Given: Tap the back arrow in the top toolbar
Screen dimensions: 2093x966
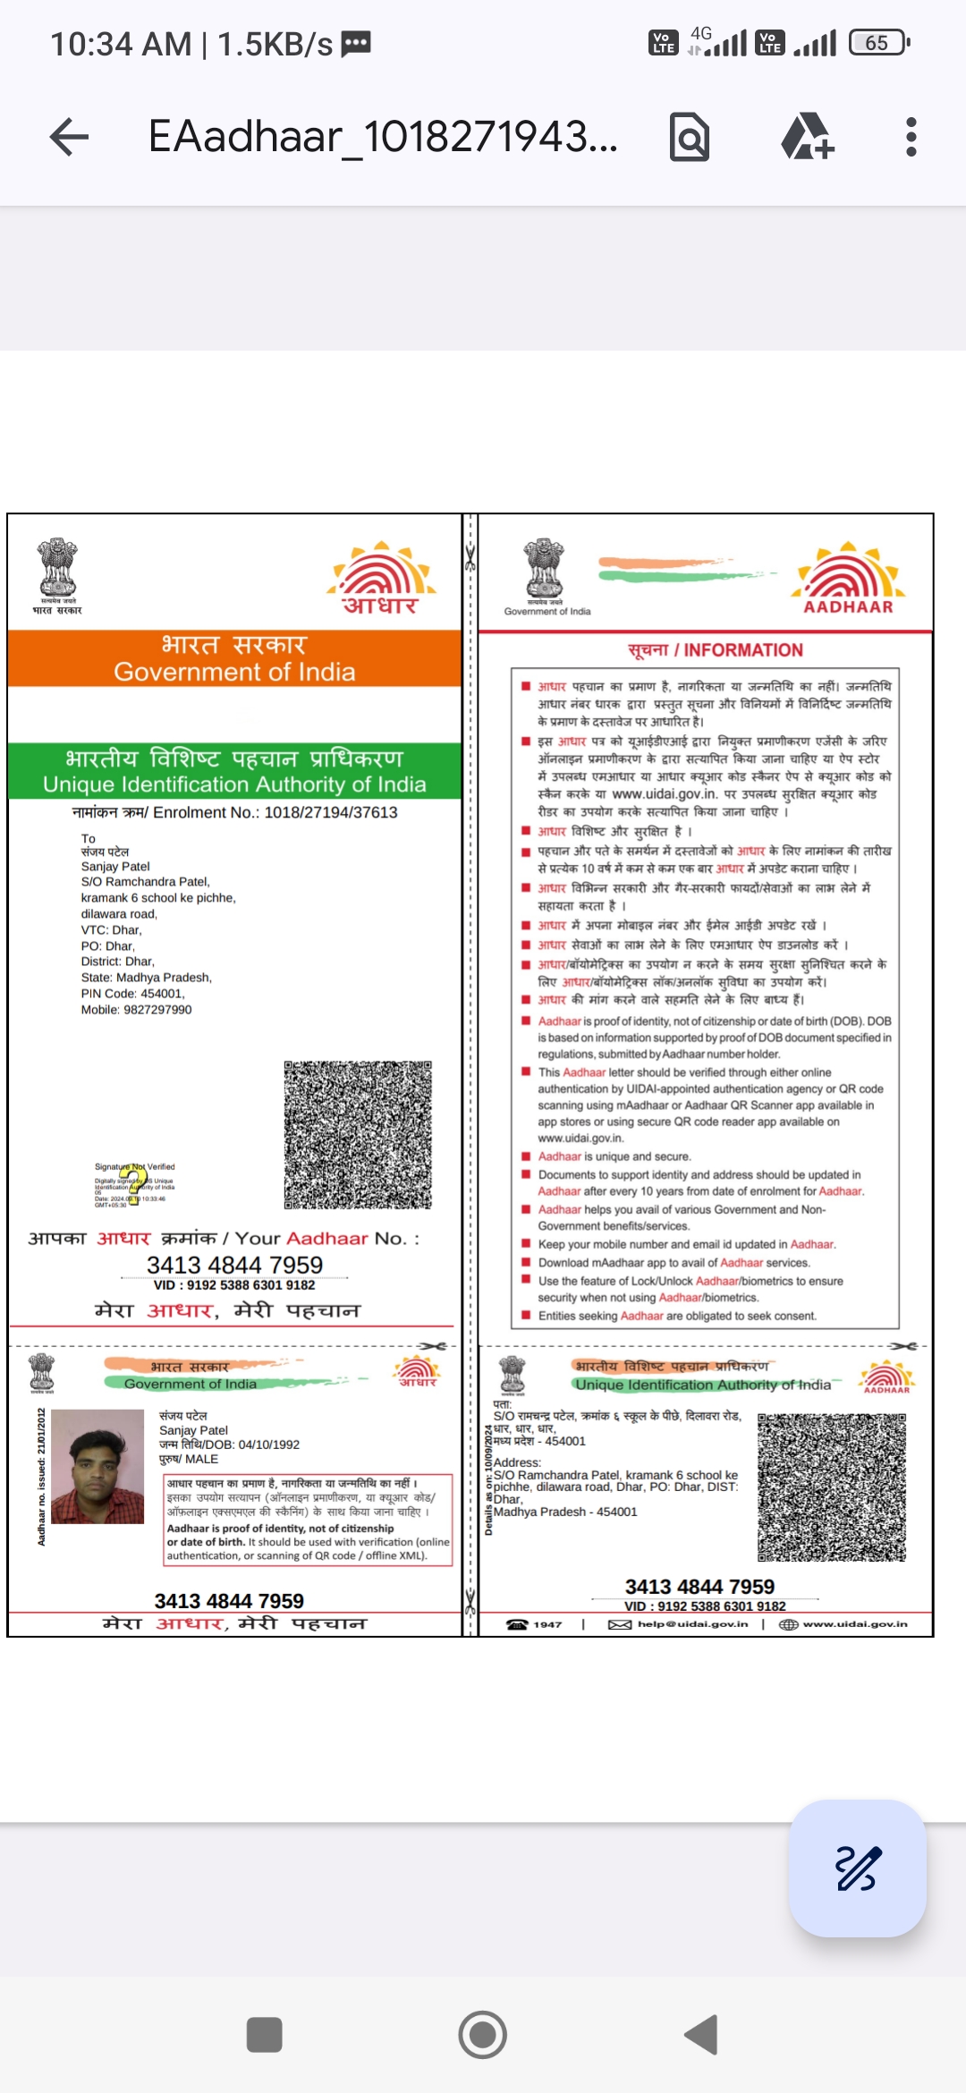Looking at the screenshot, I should pyautogui.click(x=69, y=137).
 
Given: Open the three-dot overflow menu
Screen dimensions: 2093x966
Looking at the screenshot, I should pyautogui.click(x=911, y=137).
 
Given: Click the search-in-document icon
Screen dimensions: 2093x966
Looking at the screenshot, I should pyautogui.click(x=690, y=137).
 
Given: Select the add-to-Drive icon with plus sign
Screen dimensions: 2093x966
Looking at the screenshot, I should pyautogui.click(x=807, y=137).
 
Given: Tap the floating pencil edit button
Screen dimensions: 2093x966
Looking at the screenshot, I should pyautogui.click(x=857, y=1868).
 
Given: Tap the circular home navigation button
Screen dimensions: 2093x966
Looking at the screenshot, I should pyautogui.click(x=482, y=2035).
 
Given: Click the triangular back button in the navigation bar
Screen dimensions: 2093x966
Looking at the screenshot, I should pyautogui.click(x=702, y=2035).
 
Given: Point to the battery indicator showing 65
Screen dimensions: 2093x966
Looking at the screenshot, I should pyautogui.click(x=879, y=43).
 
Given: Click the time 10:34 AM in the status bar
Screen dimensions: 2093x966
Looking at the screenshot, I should pyautogui.click(x=121, y=44).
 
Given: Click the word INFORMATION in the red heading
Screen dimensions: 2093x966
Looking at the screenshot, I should pyautogui.click(x=743, y=650).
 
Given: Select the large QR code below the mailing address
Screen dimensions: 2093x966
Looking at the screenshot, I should pyautogui.click(x=358, y=1135).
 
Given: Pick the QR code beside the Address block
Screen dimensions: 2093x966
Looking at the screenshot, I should pyautogui.click(x=832, y=1487).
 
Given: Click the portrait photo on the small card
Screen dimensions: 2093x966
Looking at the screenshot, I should pyautogui.click(x=97, y=1466).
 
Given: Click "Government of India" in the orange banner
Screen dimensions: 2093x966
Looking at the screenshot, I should pyautogui.click(x=234, y=672).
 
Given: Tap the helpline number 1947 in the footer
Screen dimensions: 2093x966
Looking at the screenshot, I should pyautogui.click(x=547, y=1624).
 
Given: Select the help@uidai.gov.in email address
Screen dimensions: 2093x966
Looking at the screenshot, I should pyautogui.click(x=691, y=1624).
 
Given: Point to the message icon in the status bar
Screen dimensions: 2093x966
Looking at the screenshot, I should pyautogui.click(x=356, y=44).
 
